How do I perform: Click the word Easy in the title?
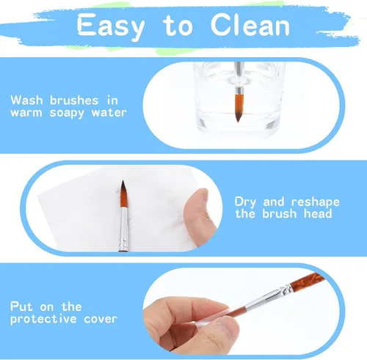point(111,26)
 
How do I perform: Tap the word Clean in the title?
point(250,24)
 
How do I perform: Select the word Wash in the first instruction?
point(26,100)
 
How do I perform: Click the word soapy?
point(67,114)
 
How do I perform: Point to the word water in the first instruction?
point(109,113)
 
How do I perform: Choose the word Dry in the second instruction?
point(245,202)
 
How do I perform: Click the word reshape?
point(316,202)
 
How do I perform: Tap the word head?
point(318,213)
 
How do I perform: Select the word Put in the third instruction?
point(21,306)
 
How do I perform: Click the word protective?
point(43,319)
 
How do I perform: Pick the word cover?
point(101,319)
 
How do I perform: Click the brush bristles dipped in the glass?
point(239,108)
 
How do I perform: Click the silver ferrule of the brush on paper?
point(124,229)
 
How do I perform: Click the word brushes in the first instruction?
point(74,100)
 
